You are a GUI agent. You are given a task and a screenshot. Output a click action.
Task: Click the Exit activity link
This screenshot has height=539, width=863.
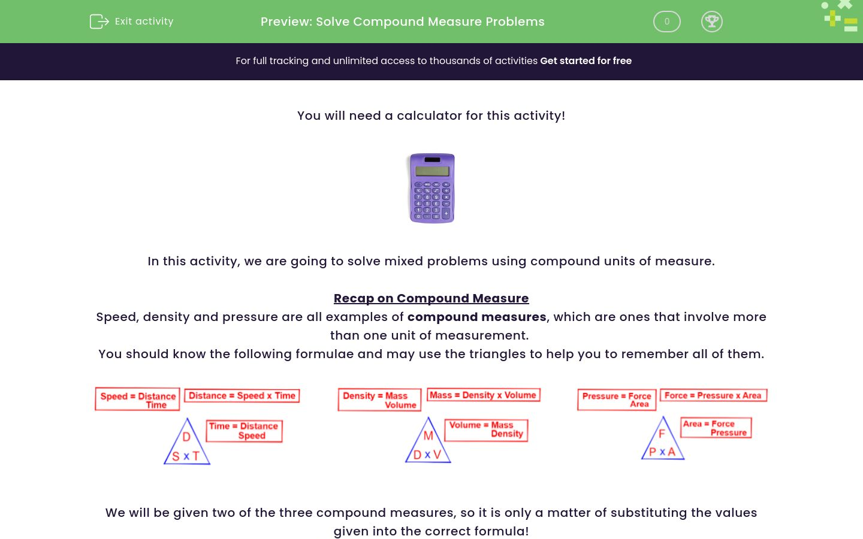point(143,22)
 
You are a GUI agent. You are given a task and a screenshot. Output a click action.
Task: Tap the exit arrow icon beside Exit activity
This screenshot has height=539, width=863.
point(99,22)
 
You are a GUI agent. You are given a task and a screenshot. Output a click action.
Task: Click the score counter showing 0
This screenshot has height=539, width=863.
point(666,22)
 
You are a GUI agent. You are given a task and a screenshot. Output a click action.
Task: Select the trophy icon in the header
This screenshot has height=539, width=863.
point(711,22)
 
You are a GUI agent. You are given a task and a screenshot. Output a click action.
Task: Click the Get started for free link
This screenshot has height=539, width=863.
point(586,61)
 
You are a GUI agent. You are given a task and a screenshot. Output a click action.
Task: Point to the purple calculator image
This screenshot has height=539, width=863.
point(431,188)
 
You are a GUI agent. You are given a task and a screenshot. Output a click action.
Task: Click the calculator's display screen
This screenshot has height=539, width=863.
point(431,171)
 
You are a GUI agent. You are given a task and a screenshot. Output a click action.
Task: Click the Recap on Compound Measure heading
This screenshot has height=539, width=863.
point(431,298)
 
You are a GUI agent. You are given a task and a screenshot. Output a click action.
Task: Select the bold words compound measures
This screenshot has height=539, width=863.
point(476,317)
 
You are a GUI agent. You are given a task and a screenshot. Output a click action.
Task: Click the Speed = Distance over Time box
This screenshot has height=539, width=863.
point(137,399)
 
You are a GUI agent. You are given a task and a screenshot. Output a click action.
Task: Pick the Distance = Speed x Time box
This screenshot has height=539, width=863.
point(242,396)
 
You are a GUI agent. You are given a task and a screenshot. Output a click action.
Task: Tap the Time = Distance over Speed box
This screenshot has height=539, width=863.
point(244,431)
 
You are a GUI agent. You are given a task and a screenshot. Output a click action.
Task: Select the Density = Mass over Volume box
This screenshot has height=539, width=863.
point(379,400)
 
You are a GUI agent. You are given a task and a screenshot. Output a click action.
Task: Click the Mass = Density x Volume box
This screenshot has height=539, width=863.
point(483,395)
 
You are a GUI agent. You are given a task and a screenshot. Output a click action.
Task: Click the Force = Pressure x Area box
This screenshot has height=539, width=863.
point(713,395)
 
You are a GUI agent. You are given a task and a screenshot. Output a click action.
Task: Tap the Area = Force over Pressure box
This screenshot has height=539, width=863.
point(716,428)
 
